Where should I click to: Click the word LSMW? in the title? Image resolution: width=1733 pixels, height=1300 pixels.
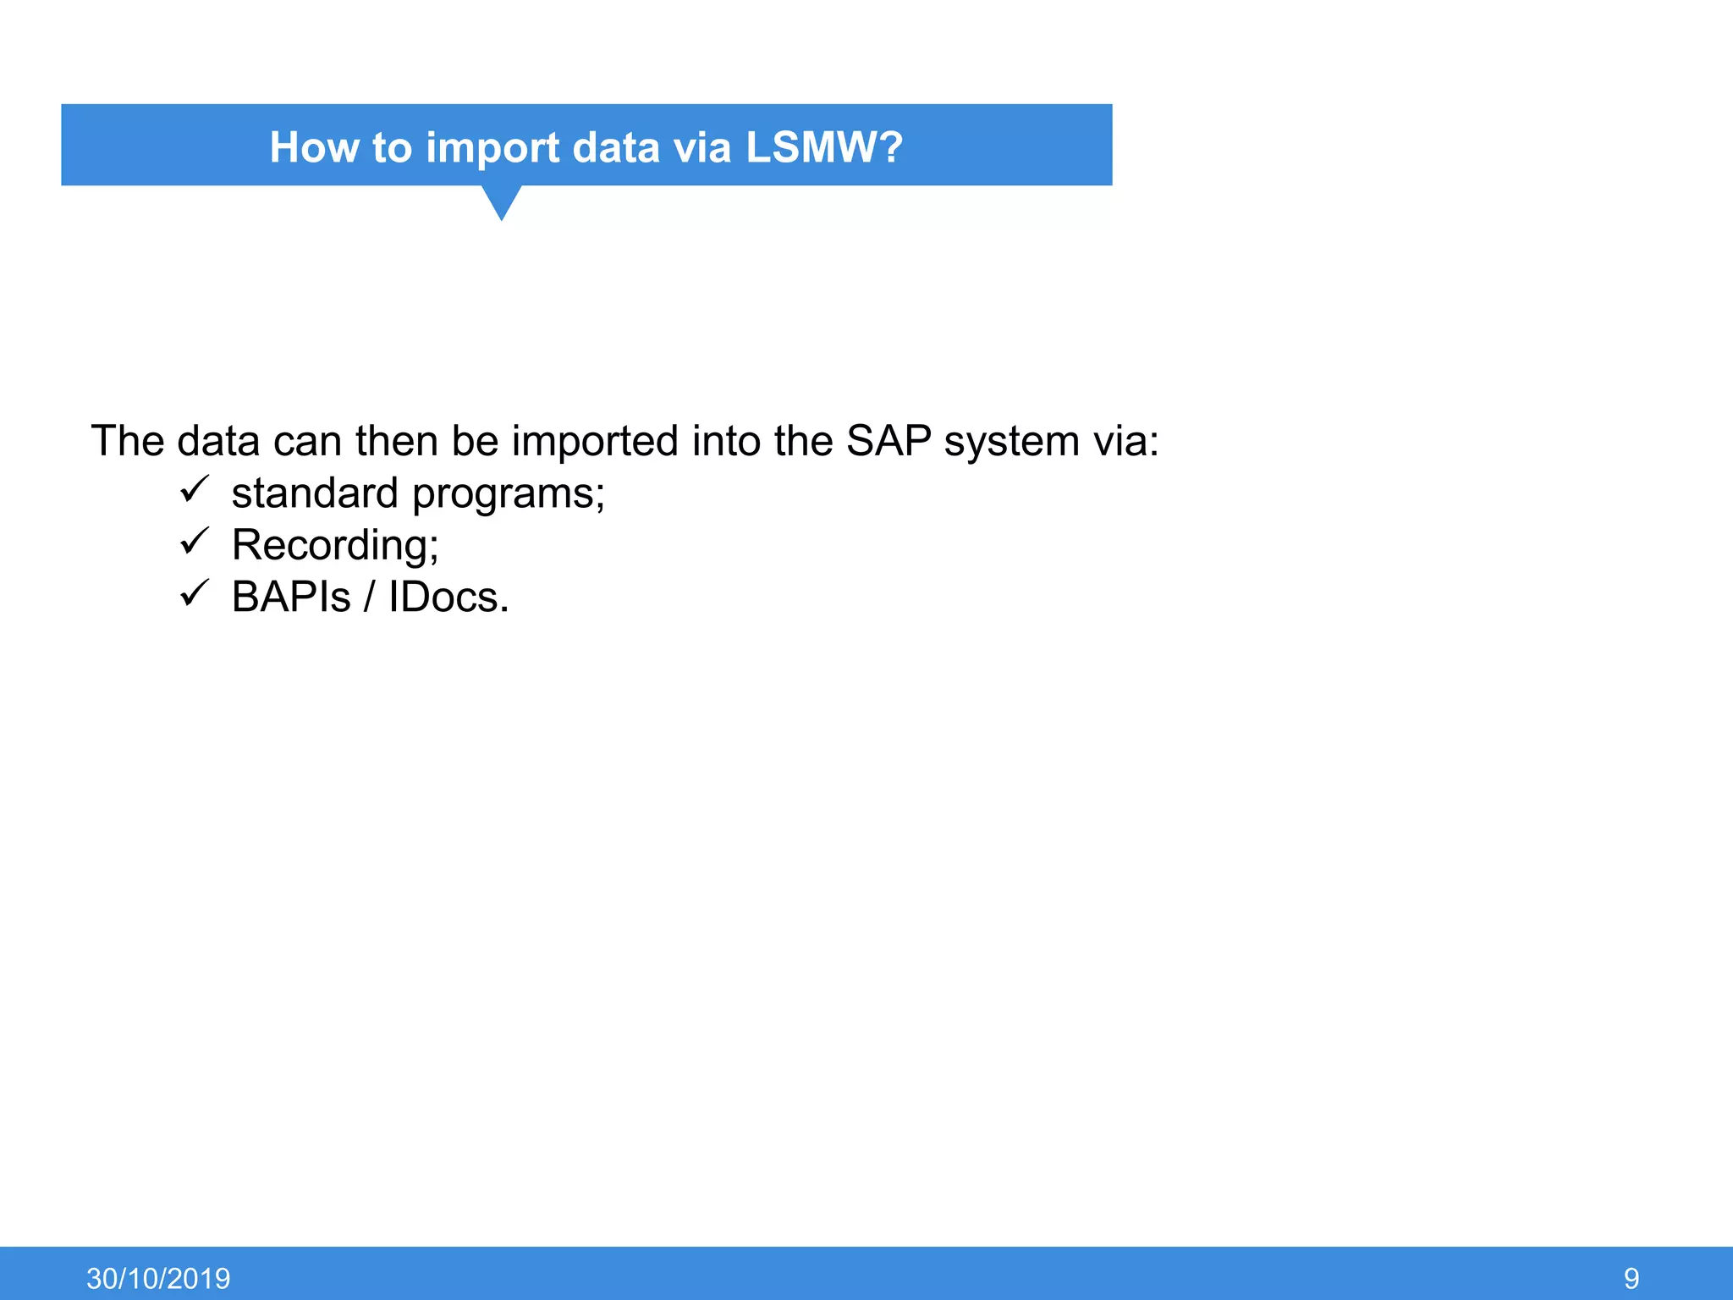pyautogui.click(x=823, y=147)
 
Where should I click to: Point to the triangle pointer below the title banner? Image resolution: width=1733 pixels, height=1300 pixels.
pyautogui.click(x=501, y=201)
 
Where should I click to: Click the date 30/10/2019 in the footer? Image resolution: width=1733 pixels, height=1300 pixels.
pyautogui.click(x=158, y=1278)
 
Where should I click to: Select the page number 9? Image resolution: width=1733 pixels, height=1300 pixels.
pyautogui.click(x=1631, y=1278)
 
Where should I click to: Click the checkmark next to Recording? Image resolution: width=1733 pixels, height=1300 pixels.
pyautogui.click(x=195, y=541)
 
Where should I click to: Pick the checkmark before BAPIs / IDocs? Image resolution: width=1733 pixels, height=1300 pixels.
pyautogui.click(x=195, y=593)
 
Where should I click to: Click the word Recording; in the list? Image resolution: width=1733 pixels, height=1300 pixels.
pyautogui.click(x=335, y=545)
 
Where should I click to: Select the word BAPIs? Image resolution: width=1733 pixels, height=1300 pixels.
pyautogui.click(x=290, y=597)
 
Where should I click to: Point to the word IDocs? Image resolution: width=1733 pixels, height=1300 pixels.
pyautogui.click(x=448, y=597)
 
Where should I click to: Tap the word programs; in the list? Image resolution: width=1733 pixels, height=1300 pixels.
pyautogui.click(x=509, y=494)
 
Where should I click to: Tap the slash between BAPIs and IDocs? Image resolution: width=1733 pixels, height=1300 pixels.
pyautogui.click(x=369, y=597)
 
